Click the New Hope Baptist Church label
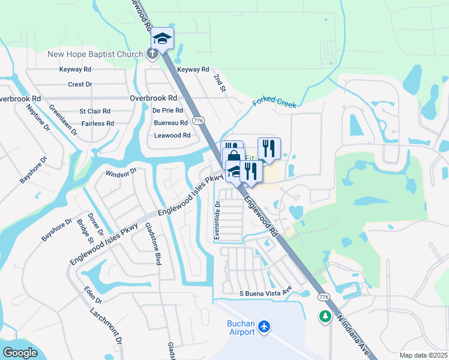(x=95, y=54)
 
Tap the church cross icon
(x=152, y=53)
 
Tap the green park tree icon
(x=325, y=316)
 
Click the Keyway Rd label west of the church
(x=75, y=70)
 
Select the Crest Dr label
(x=80, y=85)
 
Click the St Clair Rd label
(x=95, y=111)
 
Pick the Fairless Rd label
(x=98, y=124)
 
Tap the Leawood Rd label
(x=172, y=136)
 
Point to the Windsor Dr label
(x=122, y=172)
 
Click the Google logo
(x=20, y=353)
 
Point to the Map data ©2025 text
(x=423, y=355)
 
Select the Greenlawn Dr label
(x=63, y=120)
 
